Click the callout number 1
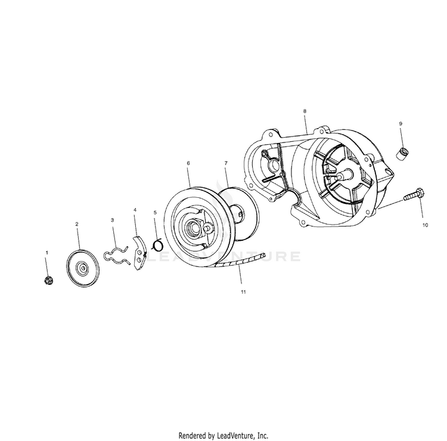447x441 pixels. click(47, 253)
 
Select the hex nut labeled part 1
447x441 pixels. click(48, 280)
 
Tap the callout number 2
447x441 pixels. click(77, 224)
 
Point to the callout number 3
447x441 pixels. click(113, 220)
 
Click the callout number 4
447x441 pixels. click(135, 210)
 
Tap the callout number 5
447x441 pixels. click(156, 212)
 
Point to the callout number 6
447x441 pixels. click(188, 162)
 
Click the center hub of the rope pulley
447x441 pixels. click(195, 227)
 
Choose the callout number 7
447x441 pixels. click(226, 162)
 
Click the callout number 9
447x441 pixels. click(401, 123)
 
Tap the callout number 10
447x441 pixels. click(425, 225)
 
